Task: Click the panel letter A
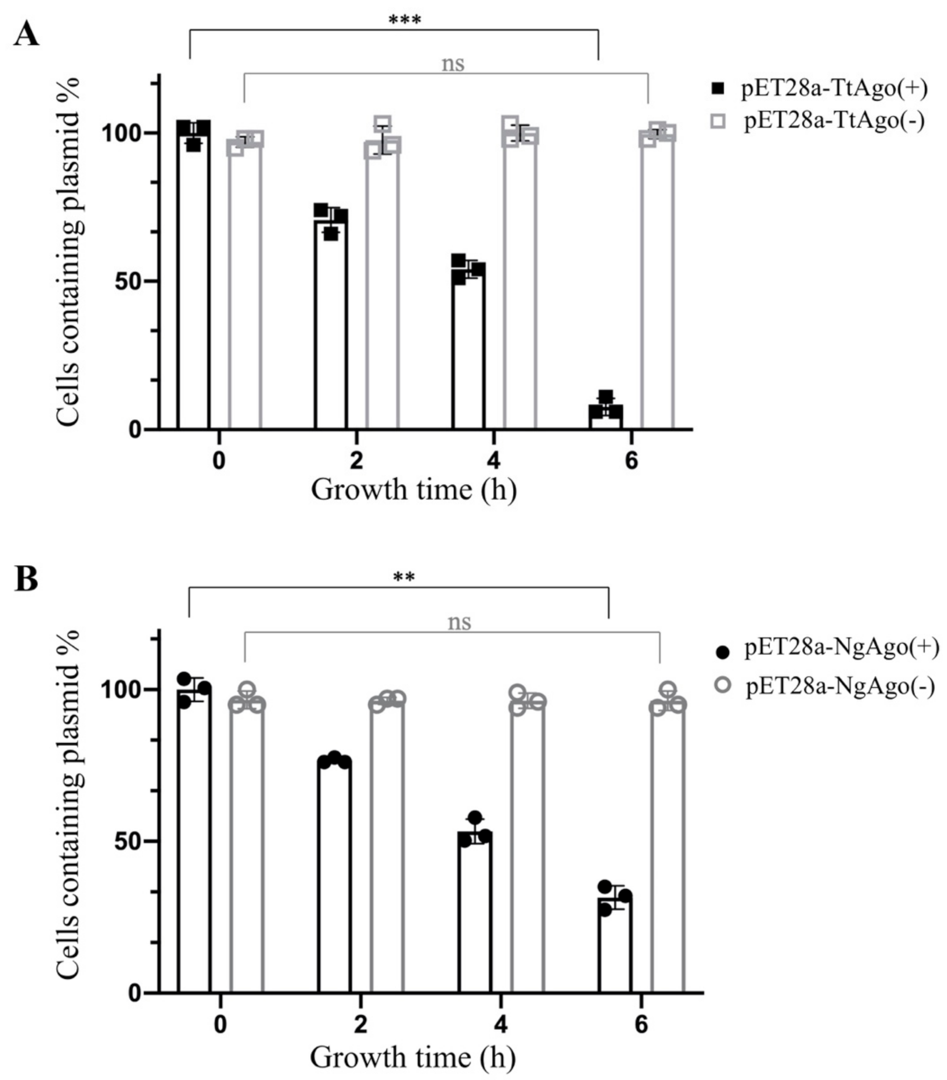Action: pyautogui.click(x=26, y=35)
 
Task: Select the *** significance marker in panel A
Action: pyautogui.click(x=404, y=21)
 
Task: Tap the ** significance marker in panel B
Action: pyautogui.click(x=404, y=577)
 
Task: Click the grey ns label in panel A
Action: pyautogui.click(x=453, y=64)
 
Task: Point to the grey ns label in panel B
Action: pyautogui.click(x=459, y=622)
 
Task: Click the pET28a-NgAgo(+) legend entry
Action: pyautogui.click(x=841, y=648)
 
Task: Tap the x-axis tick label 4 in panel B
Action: pyautogui.click(x=500, y=1025)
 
